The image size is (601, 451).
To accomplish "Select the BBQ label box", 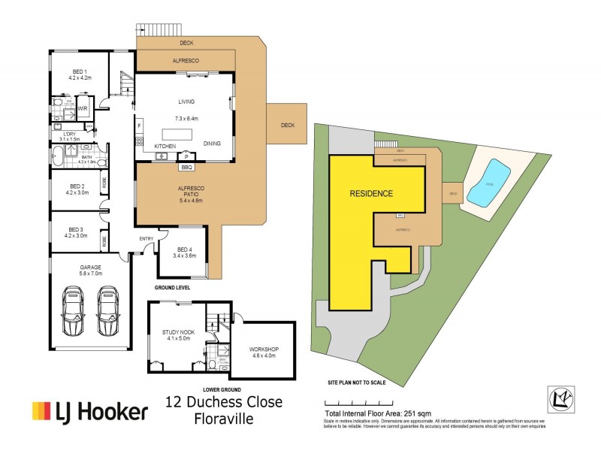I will [x=187, y=167].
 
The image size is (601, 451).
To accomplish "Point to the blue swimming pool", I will [x=488, y=183].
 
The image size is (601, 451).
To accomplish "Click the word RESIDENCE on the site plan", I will [x=371, y=194].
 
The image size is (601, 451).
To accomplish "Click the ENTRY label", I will [x=146, y=239].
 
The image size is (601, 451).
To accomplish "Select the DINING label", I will [x=212, y=144].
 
